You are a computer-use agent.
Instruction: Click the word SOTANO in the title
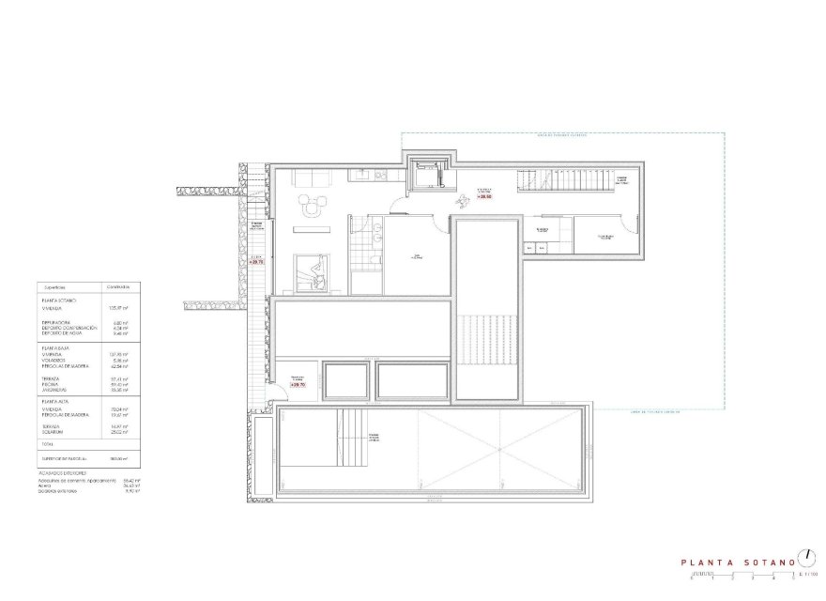click(772, 562)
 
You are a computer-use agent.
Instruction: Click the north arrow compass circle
click(806, 557)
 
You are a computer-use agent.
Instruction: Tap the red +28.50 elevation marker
click(485, 197)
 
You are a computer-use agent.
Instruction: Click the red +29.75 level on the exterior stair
click(257, 262)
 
